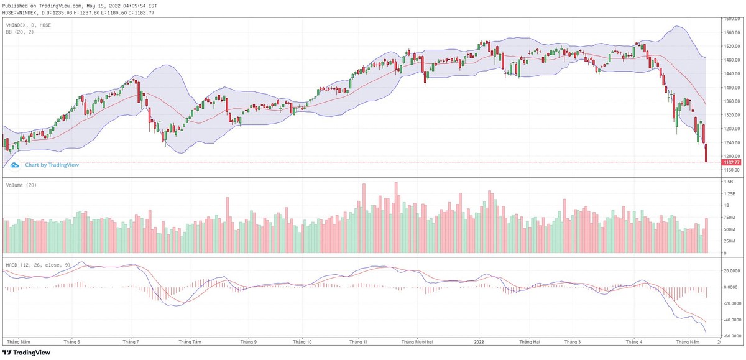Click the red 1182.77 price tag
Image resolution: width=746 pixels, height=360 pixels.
pos(731,162)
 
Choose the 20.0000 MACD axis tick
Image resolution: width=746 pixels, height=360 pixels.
pos(730,271)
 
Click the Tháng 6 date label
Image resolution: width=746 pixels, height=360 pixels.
pos(73,341)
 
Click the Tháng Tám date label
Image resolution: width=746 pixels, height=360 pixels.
pos(189,341)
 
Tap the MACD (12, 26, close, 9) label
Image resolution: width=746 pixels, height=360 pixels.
pos(37,265)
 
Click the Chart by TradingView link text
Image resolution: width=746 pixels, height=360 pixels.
pos(52,165)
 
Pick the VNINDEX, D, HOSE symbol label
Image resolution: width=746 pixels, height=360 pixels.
pos(29,25)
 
